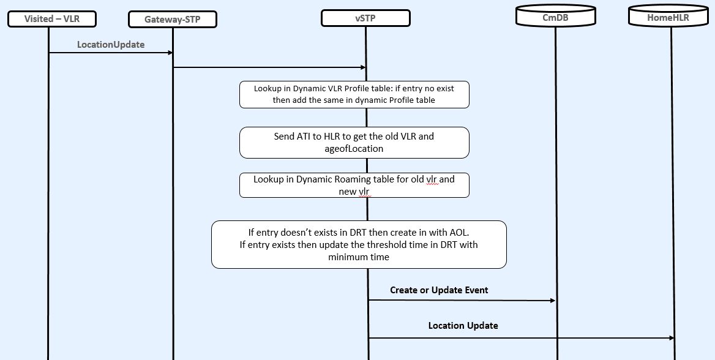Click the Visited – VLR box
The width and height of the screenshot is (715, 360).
tap(52, 19)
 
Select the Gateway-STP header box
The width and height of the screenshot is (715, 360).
tap(172, 20)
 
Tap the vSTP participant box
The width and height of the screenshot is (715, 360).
tap(365, 18)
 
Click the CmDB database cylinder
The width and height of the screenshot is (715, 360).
tap(555, 17)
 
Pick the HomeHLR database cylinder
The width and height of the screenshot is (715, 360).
tap(668, 17)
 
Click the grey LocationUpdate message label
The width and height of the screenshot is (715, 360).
tap(111, 45)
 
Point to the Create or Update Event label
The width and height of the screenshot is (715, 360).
tap(439, 290)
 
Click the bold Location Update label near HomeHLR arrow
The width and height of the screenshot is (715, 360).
tap(463, 326)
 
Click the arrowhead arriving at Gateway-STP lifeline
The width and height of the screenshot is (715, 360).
tap(170, 53)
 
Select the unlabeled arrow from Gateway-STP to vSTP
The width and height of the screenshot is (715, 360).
tap(269, 67)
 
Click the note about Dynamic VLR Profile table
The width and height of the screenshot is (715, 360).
tap(354, 94)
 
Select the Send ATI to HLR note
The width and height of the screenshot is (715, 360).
tap(354, 142)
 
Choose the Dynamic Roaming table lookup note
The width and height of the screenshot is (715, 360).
tap(354, 185)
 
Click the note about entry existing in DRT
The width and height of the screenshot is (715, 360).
tap(359, 244)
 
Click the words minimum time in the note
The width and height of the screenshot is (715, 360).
tap(359, 257)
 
